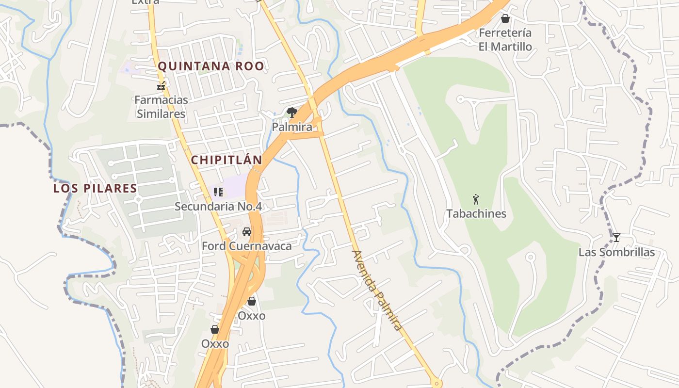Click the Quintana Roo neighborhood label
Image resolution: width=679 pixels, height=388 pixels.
tap(211, 66)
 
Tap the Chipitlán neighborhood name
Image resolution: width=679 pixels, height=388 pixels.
tap(226, 160)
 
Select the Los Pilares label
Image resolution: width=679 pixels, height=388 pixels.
tap(95, 188)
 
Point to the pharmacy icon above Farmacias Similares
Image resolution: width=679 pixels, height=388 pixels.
tap(161, 87)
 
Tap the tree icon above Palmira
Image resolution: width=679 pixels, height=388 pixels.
tap(291, 113)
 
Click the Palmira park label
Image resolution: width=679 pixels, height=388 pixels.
tap(291, 127)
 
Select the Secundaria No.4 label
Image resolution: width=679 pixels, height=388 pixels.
tap(218, 207)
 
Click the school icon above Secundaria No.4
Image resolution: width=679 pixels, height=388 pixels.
tap(218, 192)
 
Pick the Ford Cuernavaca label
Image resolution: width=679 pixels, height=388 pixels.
tap(247, 246)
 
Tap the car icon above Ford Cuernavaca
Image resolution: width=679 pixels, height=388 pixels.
tap(247, 232)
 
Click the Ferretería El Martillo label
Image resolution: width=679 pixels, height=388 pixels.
tap(505, 40)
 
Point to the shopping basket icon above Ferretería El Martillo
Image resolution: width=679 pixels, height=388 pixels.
tap(505, 19)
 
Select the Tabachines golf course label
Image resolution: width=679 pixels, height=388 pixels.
tap(476, 214)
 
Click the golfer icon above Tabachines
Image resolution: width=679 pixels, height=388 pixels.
tap(476, 199)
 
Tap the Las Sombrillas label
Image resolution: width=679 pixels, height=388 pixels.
tap(616, 252)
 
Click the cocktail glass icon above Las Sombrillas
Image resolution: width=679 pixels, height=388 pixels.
tap(616, 238)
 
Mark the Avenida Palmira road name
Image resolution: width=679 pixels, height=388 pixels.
tap(377, 291)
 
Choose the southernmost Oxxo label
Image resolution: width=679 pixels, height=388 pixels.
tap(215, 344)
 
